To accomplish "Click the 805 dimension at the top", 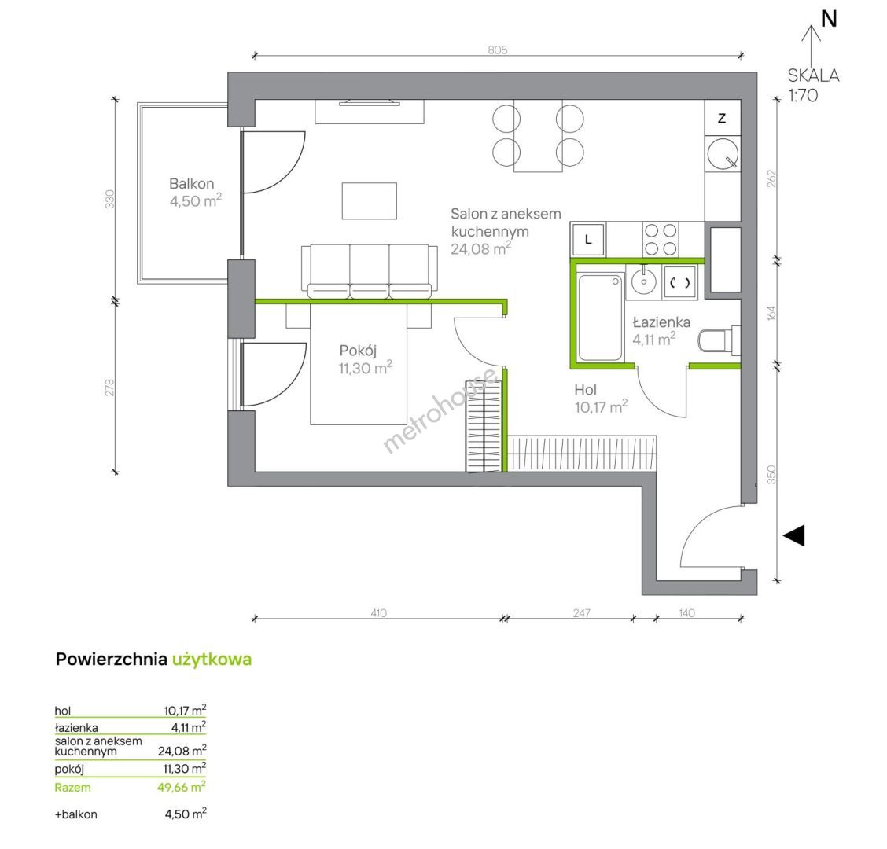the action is pos(497,50).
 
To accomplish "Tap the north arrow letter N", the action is pos(829,19).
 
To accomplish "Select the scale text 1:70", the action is pos(804,95).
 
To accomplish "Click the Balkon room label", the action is pos(191,183).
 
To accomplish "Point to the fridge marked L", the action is pos(588,239).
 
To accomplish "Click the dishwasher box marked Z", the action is pos(723,118).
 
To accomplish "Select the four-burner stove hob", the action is pos(661,239).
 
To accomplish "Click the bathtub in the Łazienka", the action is pos(600,317).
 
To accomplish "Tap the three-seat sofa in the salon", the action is pos(370,271).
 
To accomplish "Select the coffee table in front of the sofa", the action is pos(370,200).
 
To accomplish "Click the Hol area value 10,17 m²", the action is pos(601,406).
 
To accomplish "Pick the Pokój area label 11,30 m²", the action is pos(366,368).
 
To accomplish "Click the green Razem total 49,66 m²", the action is pos(182,787).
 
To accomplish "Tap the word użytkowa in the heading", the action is pos(212,660).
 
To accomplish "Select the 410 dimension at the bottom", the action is pos(378,612).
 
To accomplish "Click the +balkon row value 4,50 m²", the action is pos(186,814).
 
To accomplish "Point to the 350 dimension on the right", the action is pos(771,475).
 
